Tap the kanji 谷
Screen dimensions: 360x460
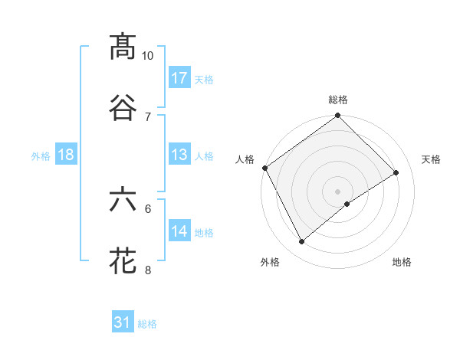click(123, 107)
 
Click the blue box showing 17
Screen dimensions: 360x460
click(179, 78)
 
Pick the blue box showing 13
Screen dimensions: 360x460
click(179, 155)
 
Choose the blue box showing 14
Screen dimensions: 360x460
click(179, 232)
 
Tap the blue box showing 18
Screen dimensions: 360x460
click(66, 155)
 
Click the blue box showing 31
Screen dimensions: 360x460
click(123, 323)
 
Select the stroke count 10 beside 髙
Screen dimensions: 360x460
click(148, 56)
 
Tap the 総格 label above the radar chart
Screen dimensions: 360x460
click(338, 100)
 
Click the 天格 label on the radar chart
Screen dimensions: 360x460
click(432, 159)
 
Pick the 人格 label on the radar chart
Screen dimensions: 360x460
click(245, 159)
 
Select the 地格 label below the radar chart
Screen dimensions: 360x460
click(402, 263)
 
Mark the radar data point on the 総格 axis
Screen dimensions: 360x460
click(338, 116)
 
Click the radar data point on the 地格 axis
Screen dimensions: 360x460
click(347, 204)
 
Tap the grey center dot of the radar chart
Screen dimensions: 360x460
click(338, 191)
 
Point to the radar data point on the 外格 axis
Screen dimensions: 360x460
click(301, 242)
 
